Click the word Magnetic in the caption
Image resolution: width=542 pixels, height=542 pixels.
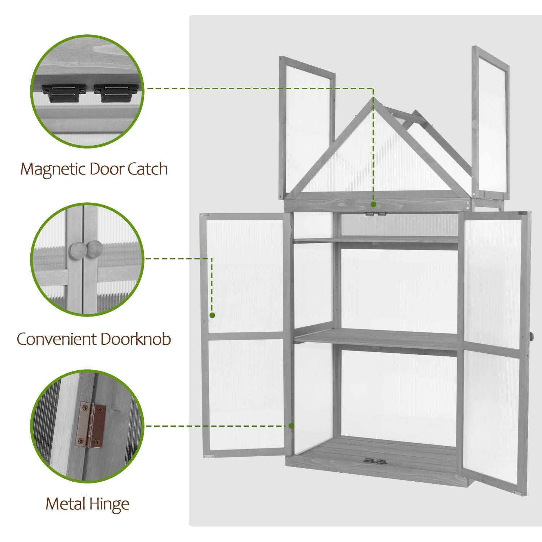[x=53, y=169]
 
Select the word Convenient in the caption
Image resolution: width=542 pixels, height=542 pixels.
[x=57, y=339]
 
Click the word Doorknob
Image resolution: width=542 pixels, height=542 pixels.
[x=135, y=339]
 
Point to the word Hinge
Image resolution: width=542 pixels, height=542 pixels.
[x=109, y=504]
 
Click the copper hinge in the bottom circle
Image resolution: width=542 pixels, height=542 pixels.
[x=91, y=425]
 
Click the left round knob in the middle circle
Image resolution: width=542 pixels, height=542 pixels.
[x=77, y=249]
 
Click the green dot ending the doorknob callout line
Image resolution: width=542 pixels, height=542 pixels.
[x=212, y=315]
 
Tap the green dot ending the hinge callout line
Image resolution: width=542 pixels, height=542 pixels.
[x=292, y=426]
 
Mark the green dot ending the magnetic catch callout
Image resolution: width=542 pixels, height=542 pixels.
[x=374, y=205]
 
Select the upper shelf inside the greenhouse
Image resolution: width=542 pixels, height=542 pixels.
[x=376, y=240]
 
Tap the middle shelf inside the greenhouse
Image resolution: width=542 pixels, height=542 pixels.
[x=376, y=337]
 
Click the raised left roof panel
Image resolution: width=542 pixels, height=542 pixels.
[x=307, y=126]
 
